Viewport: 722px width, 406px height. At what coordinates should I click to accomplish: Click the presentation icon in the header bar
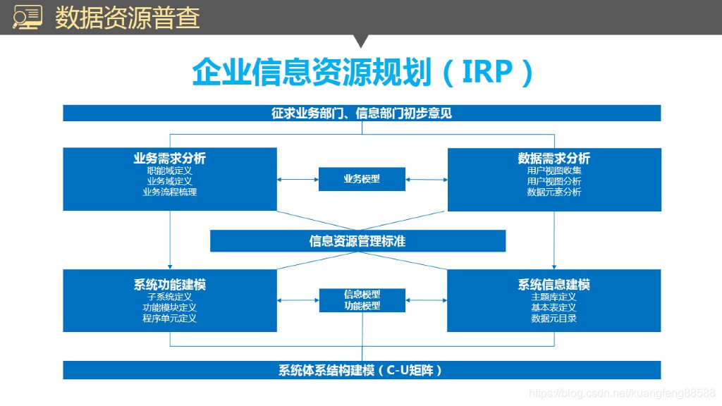click(x=27, y=17)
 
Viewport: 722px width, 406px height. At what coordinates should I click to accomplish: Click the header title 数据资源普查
click(x=127, y=18)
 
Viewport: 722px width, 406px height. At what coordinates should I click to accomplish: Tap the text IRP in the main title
click(x=487, y=72)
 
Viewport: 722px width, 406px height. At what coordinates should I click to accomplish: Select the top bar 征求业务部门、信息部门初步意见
click(x=362, y=113)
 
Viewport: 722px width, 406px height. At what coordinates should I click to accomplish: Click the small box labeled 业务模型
click(x=362, y=179)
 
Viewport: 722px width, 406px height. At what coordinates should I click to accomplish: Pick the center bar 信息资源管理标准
click(x=357, y=241)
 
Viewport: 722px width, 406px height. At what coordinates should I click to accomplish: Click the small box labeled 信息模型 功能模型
click(x=362, y=300)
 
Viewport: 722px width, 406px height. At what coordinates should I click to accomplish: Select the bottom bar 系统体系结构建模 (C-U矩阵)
click(x=362, y=370)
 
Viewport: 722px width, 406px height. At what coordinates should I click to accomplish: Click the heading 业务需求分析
click(x=169, y=159)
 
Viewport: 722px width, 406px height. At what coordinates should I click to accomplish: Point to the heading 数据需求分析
click(x=554, y=159)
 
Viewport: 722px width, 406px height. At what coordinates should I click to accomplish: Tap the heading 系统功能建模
click(x=169, y=285)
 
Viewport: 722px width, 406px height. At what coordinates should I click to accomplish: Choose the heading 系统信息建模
click(x=554, y=285)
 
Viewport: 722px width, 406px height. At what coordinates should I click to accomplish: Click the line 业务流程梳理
click(x=169, y=192)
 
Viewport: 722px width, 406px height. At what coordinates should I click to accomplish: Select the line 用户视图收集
click(x=554, y=171)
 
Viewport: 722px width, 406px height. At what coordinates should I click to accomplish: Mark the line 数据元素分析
click(x=554, y=192)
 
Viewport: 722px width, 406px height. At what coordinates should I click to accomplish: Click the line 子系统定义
click(x=169, y=297)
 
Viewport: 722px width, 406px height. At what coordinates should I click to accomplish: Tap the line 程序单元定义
click(x=169, y=318)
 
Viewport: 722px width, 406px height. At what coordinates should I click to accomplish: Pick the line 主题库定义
click(x=554, y=297)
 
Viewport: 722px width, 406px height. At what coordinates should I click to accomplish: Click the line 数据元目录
click(x=554, y=318)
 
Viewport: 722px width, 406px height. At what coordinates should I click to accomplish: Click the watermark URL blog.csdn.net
click(x=622, y=393)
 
